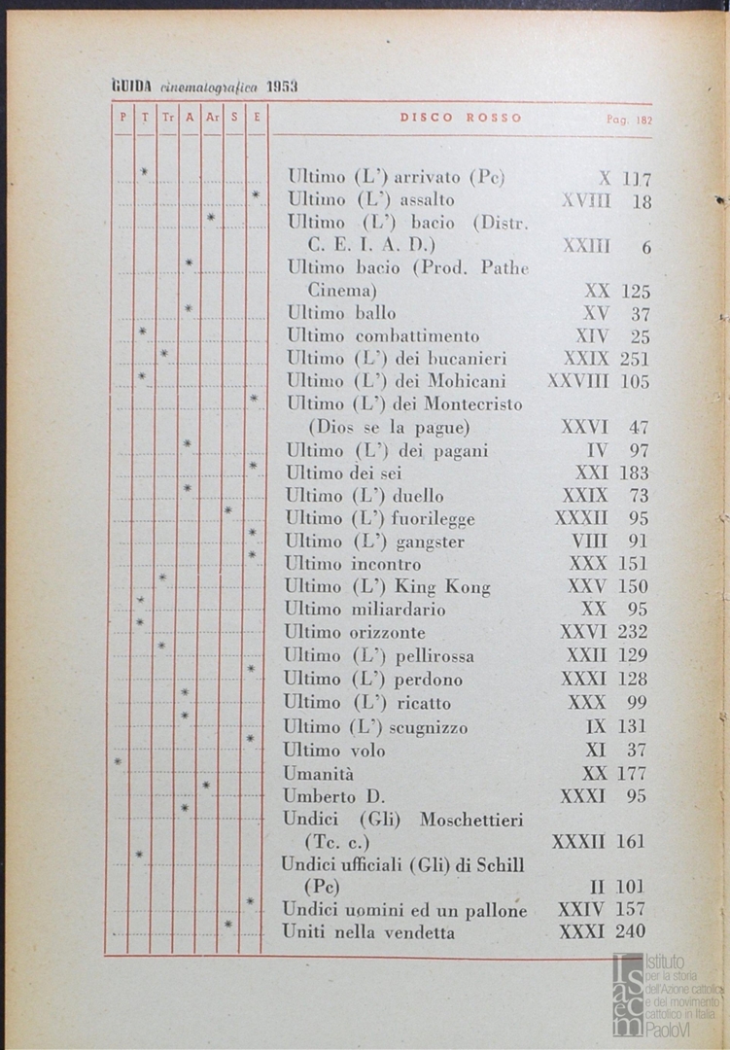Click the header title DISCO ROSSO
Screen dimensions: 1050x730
(461, 118)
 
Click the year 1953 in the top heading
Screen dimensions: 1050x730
(282, 87)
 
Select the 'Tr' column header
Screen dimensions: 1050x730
(167, 118)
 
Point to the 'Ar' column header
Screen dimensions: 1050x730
(212, 118)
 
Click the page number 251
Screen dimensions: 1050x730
(634, 359)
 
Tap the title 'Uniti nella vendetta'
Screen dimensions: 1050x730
(368, 932)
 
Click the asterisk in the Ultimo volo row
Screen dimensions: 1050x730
(118, 761)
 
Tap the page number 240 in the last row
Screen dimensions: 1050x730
(631, 932)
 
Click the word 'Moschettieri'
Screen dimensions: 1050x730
(471, 820)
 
